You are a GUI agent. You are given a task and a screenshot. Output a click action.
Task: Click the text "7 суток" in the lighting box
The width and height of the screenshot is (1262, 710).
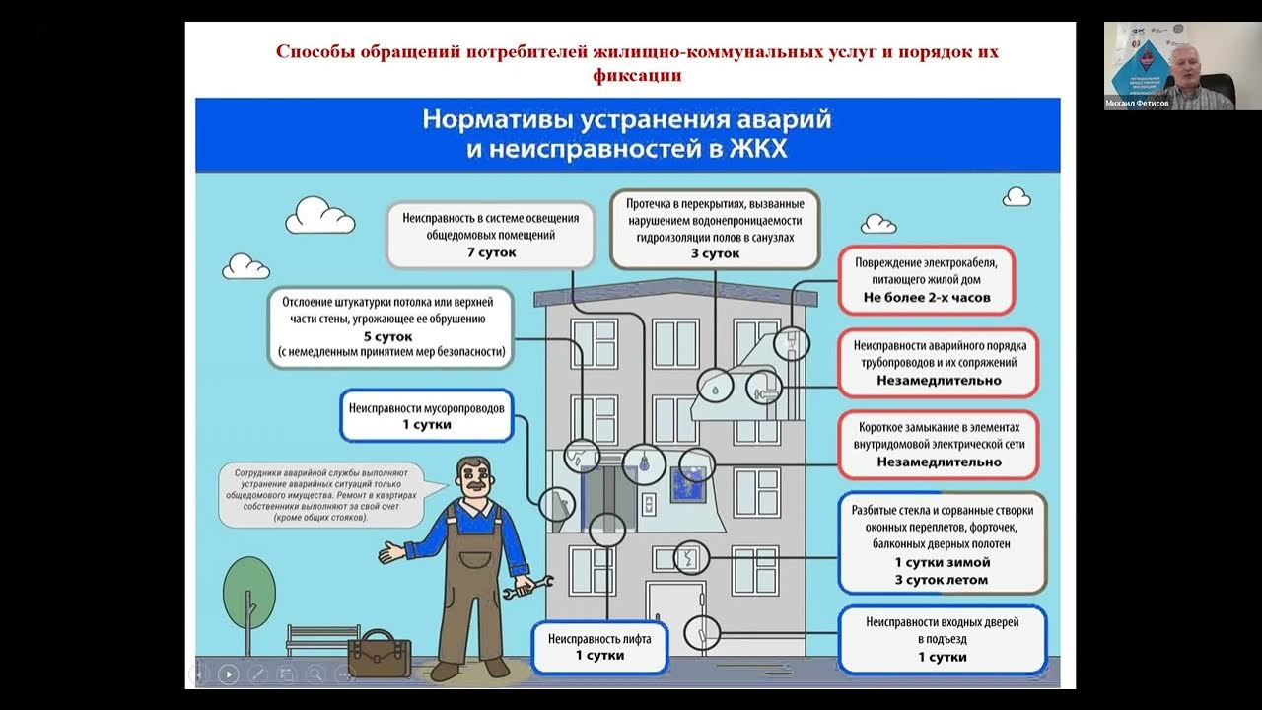(x=491, y=252)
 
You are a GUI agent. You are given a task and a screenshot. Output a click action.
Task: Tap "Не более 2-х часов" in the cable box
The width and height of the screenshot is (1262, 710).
(x=926, y=297)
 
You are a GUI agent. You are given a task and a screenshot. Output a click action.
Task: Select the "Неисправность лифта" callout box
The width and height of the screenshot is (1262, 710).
(x=599, y=646)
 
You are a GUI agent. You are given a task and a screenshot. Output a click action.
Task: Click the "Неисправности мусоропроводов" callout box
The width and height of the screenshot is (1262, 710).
(x=426, y=416)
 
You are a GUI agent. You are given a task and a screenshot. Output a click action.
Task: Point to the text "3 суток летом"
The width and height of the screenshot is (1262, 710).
(x=941, y=580)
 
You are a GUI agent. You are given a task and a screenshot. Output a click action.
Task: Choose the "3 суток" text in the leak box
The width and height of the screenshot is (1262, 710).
(x=714, y=253)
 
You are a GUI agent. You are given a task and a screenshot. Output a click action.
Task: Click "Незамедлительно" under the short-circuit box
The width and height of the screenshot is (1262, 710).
(x=939, y=461)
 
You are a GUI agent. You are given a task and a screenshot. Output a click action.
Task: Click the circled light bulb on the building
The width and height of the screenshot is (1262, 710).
(x=647, y=461)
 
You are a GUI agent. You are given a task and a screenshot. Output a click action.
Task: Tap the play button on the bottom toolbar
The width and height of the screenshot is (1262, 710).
(x=228, y=674)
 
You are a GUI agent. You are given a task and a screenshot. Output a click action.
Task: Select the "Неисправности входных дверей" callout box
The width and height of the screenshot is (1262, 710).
(x=942, y=639)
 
